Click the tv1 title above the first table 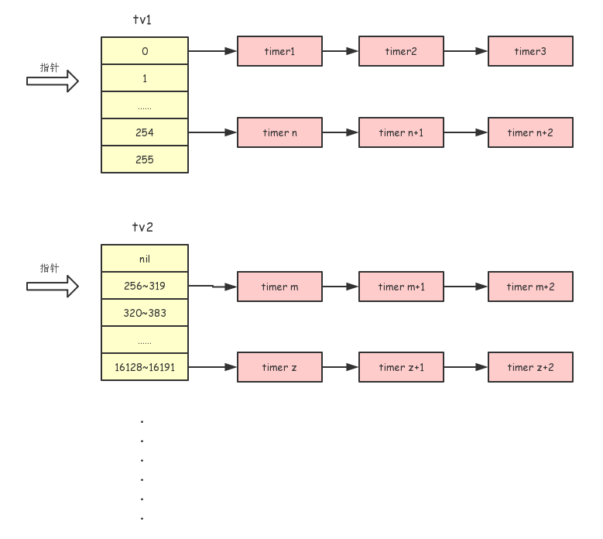[x=142, y=19]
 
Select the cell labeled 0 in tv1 [x=145, y=51]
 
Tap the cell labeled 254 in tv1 [x=145, y=132]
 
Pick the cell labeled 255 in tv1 [x=145, y=160]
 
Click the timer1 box [x=279, y=51]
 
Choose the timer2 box [x=401, y=51]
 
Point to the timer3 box [x=530, y=51]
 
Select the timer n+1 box [x=401, y=132]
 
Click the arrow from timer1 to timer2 [x=341, y=51]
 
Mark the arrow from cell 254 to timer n [x=213, y=132]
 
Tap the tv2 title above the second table [x=142, y=227]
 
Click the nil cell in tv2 [x=145, y=259]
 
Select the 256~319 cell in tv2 [x=145, y=286]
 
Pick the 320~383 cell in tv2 [x=145, y=313]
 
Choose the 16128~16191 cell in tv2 [x=145, y=367]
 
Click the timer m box [x=279, y=287]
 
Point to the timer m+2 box [x=530, y=287]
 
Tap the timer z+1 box [x=401, y=367]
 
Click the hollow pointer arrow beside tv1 [x=53, y=81]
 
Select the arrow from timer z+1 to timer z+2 [x=465, y=367]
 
